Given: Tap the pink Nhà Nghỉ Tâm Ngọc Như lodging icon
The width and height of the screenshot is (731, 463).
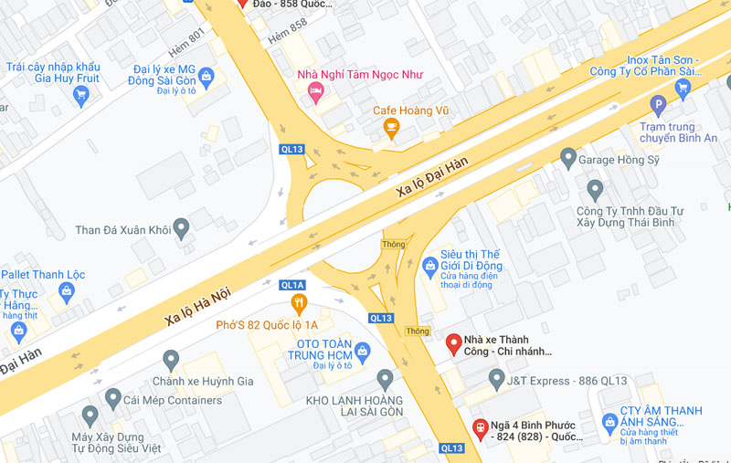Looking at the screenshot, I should (316, 90).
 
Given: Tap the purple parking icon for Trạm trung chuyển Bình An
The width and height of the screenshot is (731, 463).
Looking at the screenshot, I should (657, 106).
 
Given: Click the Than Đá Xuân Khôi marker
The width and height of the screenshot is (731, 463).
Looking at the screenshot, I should (181, 228).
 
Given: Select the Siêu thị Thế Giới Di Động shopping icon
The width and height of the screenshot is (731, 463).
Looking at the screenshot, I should (431, 267).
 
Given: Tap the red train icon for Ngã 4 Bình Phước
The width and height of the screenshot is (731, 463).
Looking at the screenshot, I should (480, 426).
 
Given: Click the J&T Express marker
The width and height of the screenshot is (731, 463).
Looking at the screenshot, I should (496, 378).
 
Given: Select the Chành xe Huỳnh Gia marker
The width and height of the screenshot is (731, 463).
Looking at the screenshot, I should (171, 361).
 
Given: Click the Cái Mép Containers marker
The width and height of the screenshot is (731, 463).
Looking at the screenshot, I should (113, 398).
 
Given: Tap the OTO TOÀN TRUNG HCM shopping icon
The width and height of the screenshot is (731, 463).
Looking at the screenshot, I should (363, 350).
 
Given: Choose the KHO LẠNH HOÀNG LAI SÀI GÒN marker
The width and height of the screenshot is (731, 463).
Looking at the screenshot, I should (385, 379).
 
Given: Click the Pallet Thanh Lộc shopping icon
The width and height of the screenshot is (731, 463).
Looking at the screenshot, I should (66, 291).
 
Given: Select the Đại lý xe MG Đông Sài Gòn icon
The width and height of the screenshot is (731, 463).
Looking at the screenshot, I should (207, 76).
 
